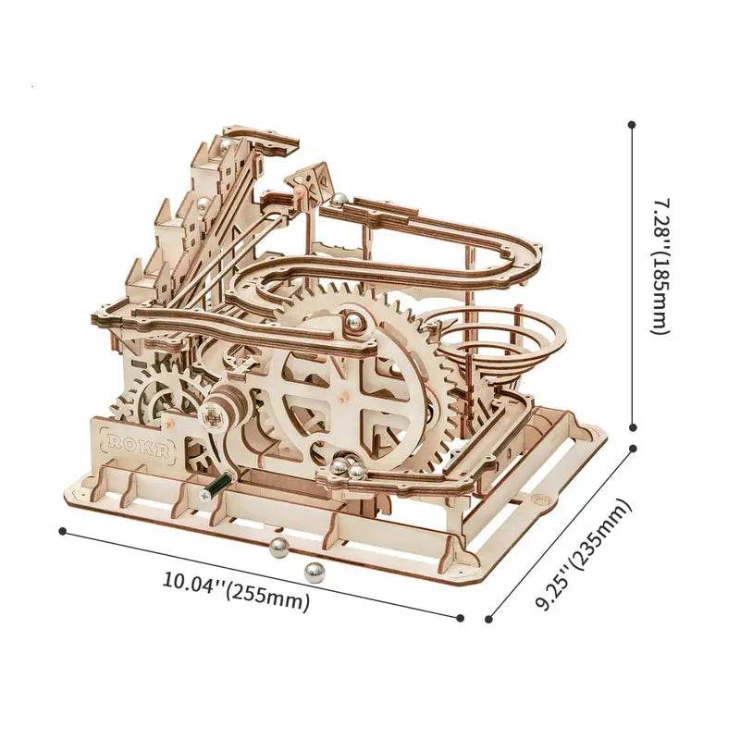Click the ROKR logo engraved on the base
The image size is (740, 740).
136,441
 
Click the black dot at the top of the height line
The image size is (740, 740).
633,123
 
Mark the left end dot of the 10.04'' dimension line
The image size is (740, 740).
62,531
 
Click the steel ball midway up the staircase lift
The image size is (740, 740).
198,202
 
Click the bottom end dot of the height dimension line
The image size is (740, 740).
633,427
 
